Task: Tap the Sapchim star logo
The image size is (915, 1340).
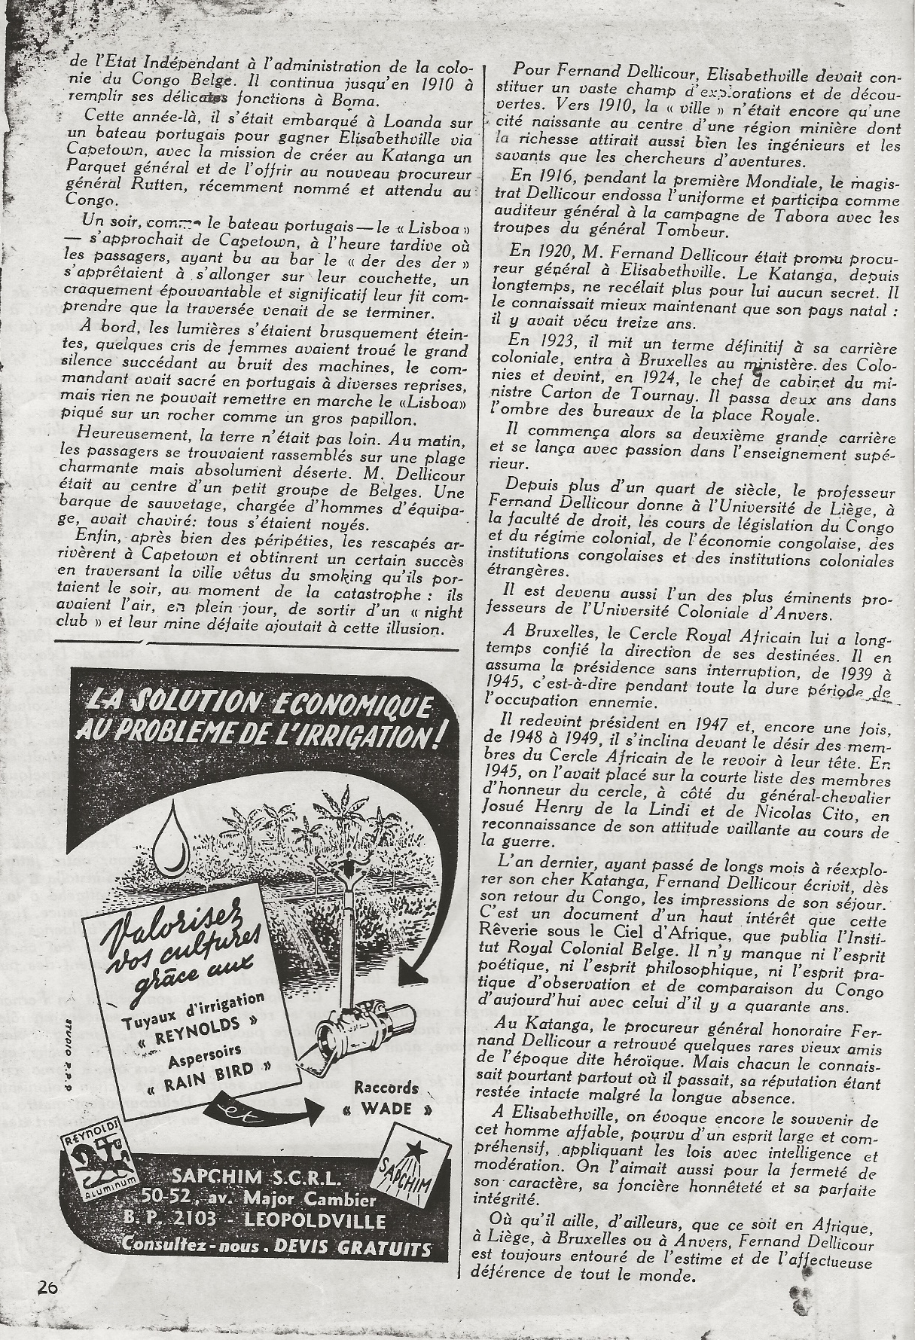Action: point(410,1156)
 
